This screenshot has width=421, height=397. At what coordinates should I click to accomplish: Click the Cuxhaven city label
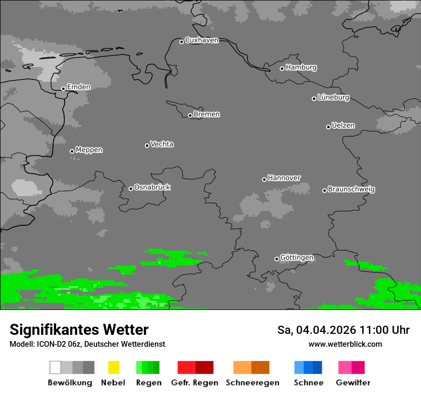201,40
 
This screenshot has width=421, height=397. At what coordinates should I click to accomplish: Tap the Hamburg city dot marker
282,68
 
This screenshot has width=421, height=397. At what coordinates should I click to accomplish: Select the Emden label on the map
78,87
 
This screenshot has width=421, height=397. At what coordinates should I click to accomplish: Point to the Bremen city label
207,114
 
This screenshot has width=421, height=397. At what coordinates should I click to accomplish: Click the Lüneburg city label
333,97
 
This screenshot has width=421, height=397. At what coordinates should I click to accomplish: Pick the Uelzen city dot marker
328,127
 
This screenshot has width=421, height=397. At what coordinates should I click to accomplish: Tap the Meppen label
89,150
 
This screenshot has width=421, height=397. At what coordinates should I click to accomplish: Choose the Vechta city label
162,144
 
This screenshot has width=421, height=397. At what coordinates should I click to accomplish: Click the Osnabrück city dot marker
131,188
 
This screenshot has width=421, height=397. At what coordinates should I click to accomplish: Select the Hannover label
284,178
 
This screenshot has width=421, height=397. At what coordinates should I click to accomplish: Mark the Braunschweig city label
351,189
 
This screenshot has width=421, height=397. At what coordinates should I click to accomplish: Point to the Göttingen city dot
277,259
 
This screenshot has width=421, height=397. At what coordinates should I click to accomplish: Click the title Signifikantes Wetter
79,330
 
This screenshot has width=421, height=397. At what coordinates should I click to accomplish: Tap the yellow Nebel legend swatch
113,367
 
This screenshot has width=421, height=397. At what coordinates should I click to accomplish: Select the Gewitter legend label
353,383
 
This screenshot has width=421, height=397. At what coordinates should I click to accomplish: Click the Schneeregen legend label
253,383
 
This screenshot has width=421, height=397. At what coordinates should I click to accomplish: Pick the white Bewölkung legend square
55,367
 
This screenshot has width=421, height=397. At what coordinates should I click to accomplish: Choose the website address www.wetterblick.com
345,344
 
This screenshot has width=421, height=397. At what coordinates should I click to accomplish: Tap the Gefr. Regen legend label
195,383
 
